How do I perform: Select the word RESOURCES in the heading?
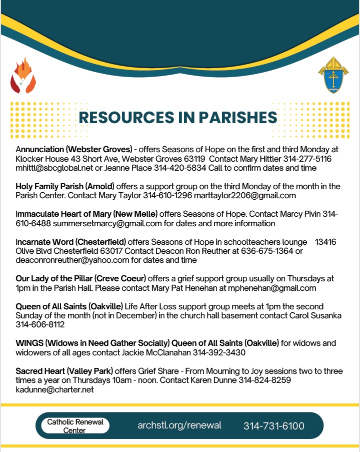(x=128, y=117)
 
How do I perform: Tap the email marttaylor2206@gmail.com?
(x=253, y=195)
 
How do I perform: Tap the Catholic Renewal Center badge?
(x=75, y=426)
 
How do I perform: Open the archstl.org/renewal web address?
(x=179, y=425)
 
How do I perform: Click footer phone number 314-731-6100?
(x=273, y=426)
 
